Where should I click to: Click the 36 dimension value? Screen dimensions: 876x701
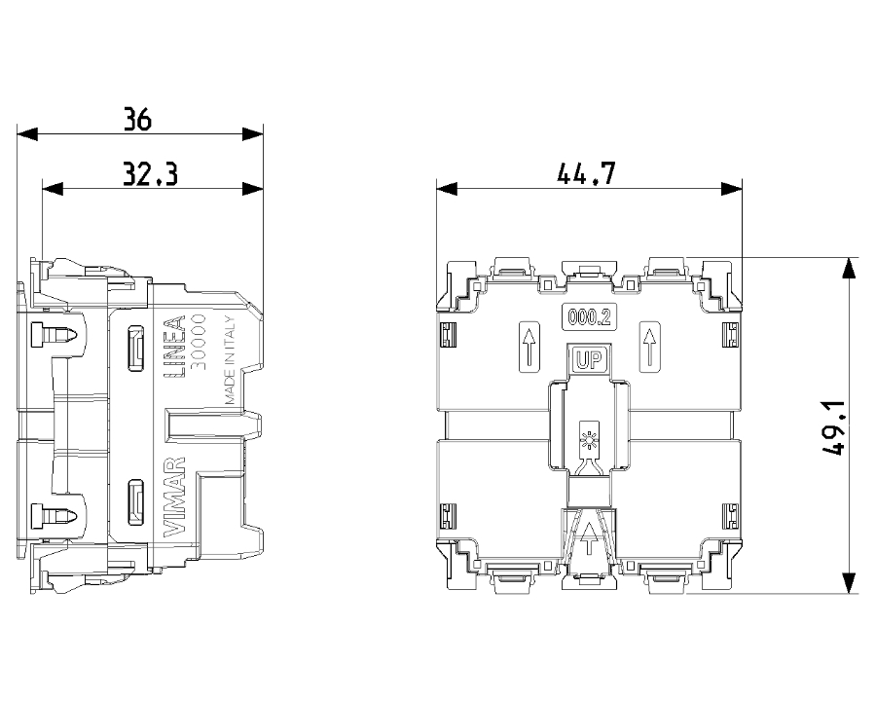click(137, 120)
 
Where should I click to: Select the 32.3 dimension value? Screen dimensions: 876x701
click(150, 174)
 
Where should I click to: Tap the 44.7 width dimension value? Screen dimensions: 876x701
click(586, 174)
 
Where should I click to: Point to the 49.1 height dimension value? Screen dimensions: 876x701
click(833, 427)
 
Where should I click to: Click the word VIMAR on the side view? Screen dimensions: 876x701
click(174, 498)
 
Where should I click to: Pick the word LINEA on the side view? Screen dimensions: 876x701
click(174, 349)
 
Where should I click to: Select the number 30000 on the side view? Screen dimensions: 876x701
click(199, 342)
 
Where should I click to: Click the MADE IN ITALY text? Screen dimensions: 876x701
click(230, 361)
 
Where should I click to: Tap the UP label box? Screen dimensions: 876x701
click(588, 360)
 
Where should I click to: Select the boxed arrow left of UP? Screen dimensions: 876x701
click(529, 347)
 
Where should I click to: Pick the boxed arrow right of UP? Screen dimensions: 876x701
click(649, 347)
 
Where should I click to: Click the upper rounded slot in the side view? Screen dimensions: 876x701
click(135, 349)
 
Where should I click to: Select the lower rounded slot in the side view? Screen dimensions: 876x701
click(135, 502)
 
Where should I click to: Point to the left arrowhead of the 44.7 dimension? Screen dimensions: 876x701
click(447, 189)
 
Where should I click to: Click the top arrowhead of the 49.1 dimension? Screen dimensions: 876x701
click(849, 268)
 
